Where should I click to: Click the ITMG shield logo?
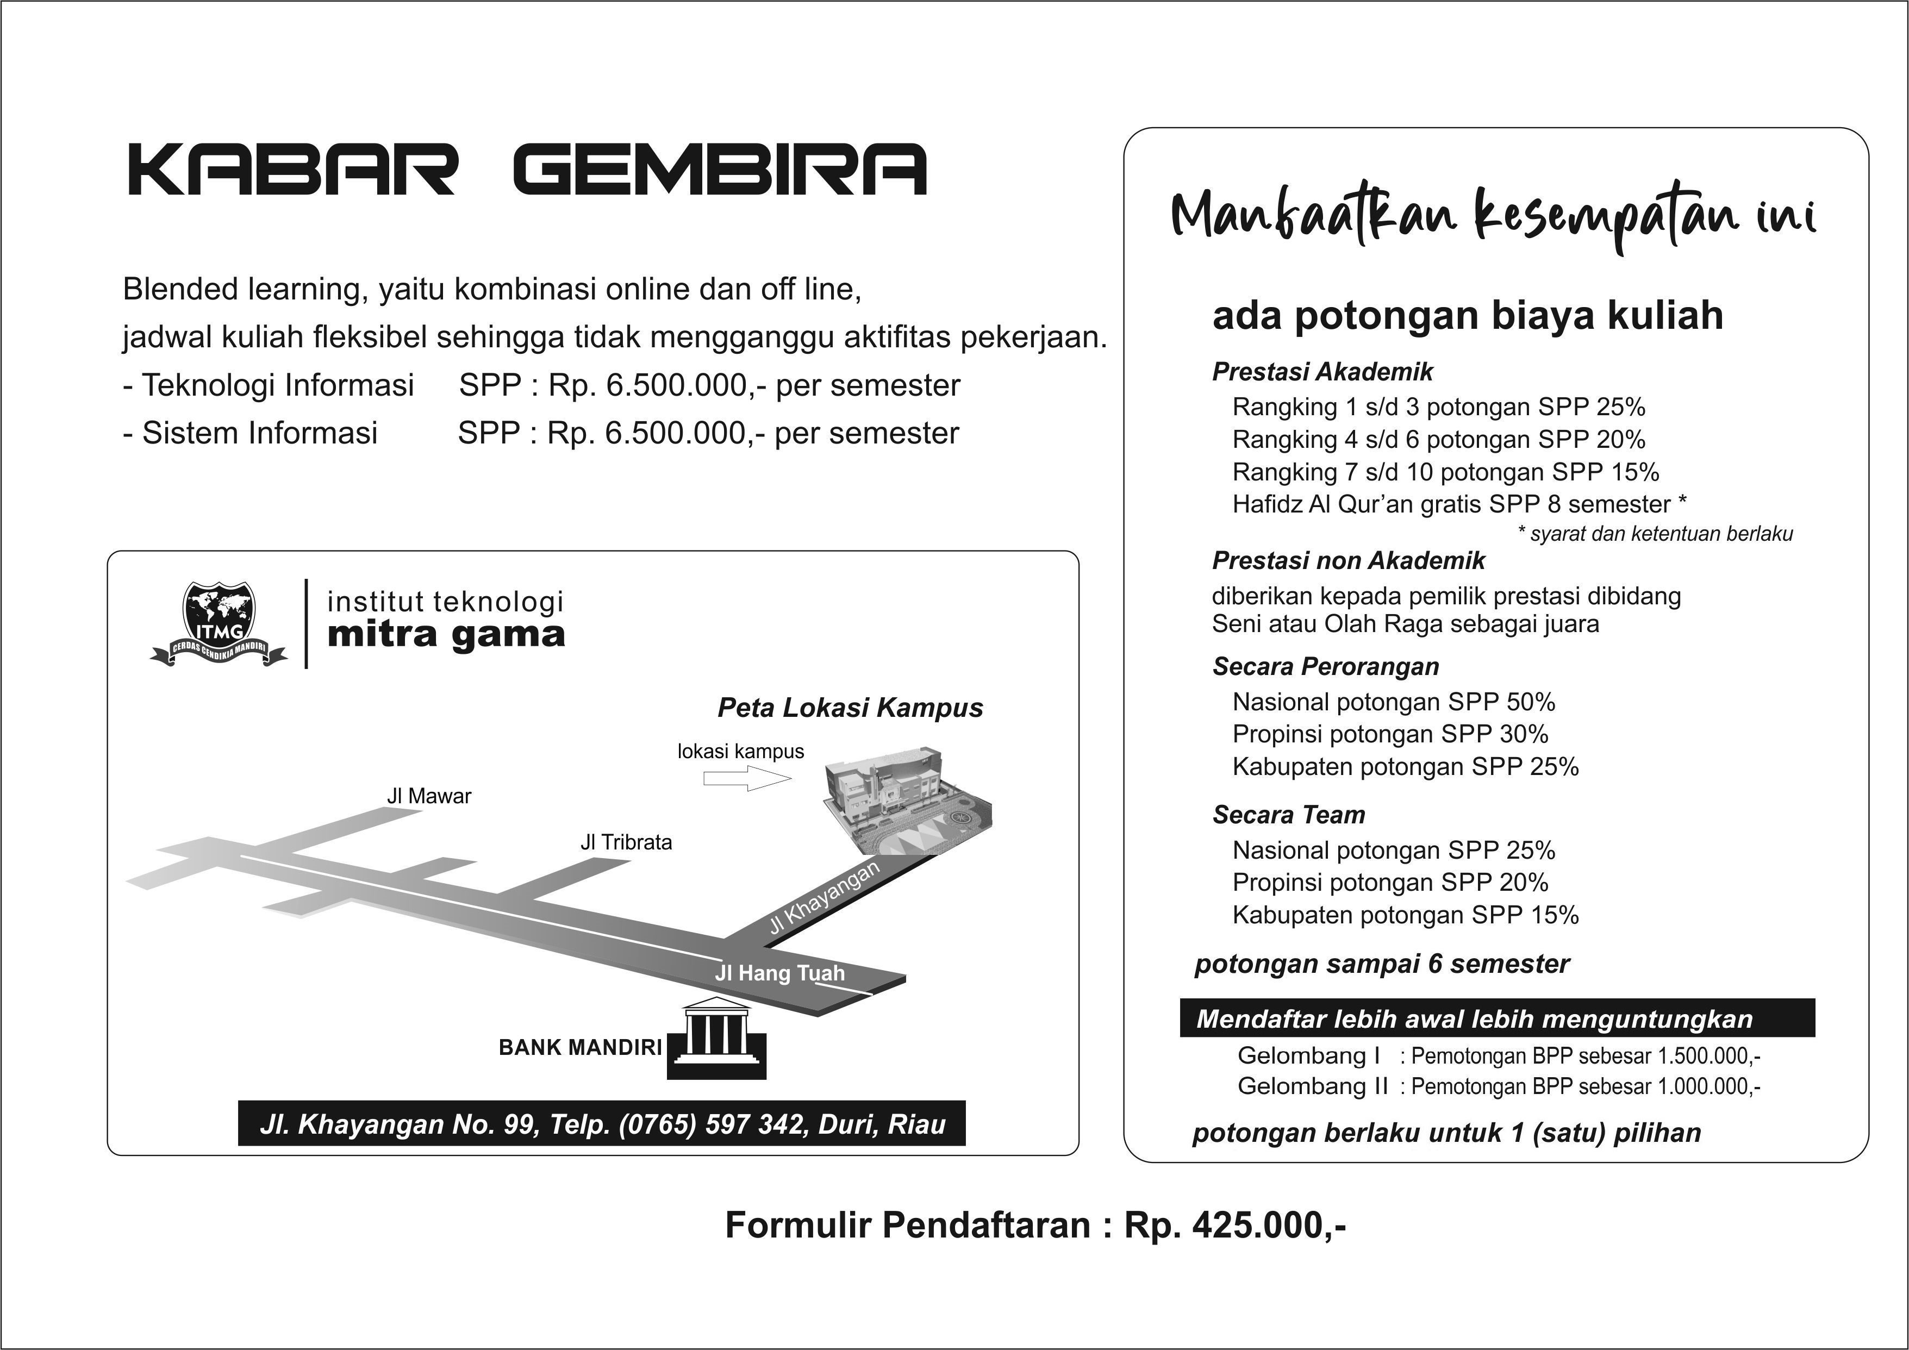pos(219,621)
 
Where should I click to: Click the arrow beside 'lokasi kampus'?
pos(746,779)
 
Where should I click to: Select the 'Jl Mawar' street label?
pos(428,796)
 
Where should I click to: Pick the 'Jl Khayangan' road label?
pos(823,898)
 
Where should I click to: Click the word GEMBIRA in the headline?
pos(720,171)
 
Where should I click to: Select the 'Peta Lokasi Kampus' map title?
pos(850,708)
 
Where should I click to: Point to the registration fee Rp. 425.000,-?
pos(1234,1226)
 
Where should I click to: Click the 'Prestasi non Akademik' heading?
pos(1348,561)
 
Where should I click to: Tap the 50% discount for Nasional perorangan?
pos(1530,702)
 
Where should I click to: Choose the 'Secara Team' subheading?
pos(1288,815)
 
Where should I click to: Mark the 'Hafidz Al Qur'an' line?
pos(1458,504)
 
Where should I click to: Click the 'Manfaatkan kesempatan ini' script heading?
pos(1493,218)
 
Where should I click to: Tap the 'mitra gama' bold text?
pos(446,635)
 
